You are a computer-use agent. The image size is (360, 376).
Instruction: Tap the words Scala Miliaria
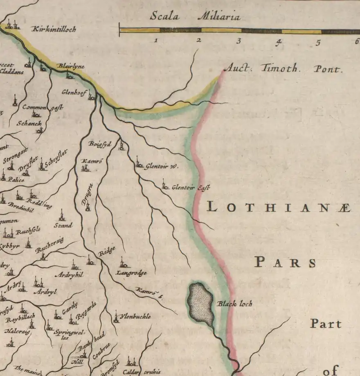coord(195,17)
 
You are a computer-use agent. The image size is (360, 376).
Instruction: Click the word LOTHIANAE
coord(279,208)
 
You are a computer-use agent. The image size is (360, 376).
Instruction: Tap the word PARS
coord(286,262)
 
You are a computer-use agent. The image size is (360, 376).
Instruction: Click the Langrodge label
coord(131,272)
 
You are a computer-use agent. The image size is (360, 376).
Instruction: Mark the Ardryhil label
coord(69,275)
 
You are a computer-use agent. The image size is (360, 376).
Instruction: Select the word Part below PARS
coord(326,324)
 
